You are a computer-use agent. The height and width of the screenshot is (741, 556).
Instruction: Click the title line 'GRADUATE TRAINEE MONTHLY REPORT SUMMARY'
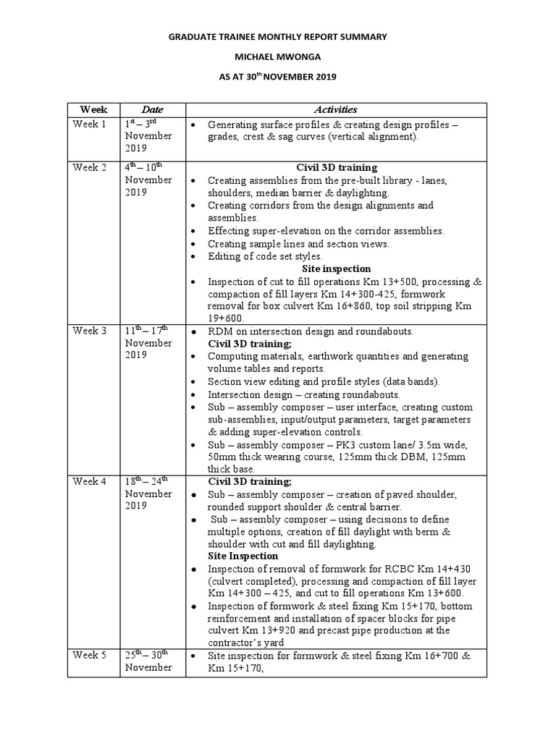pyautogui.click(x=278, y=36)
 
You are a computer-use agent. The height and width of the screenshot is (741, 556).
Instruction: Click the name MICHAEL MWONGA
pyautogui.click(x=278, y=56)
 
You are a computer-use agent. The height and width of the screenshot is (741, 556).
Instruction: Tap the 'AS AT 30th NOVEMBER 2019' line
pyautogui.click(x=278, y=76)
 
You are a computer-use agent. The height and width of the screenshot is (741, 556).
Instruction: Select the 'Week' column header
pyautogui.click(x=93, y=110)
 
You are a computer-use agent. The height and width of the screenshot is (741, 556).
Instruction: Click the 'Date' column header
pyautogui.click(x=152, y=110)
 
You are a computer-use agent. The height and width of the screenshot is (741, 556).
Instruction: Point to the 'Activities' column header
pyautogui.click(x=335, y=110)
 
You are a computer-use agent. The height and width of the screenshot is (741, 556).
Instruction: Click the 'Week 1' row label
pyautogui.click(x=89, y=124)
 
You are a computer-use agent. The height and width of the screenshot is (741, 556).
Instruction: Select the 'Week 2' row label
pyautogui.click(x=89, y=168)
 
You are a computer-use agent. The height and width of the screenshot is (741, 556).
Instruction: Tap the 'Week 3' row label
pyautogui.click(x=89, y=331)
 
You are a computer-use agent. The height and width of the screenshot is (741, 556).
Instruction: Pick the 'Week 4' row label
pyautogui.click(x=89, y=481)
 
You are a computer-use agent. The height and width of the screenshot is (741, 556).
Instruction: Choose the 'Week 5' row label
pyautogui.click(x=89, y=656)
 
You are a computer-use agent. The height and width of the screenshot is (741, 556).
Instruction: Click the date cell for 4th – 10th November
pyautogui.click(x=148, y=179)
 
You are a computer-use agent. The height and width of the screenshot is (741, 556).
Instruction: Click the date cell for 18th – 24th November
pyautogui.click(x=148, y=494)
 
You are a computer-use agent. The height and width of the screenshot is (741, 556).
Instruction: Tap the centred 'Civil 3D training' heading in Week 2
pyautogui.click(x=336, y=168)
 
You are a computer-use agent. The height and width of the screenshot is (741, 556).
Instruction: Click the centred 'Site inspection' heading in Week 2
pyautogui.click(x=336, y=268)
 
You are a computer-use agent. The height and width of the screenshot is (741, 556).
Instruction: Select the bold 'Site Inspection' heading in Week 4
pyautogui.click(x=243, y=556)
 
